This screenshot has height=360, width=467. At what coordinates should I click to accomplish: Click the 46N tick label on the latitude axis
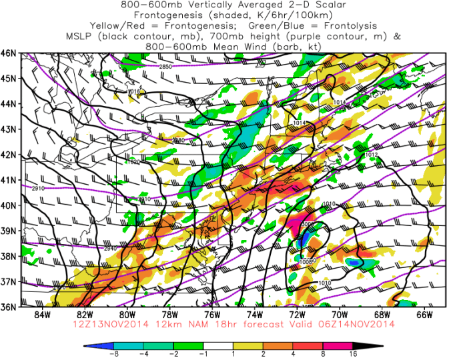[x=9, y=53]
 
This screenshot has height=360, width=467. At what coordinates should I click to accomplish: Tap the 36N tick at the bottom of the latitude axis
[x=9, y=307]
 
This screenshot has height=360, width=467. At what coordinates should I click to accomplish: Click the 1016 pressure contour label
[x=133, y=91]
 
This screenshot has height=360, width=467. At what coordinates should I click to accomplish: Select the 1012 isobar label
[x=372, y=154]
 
